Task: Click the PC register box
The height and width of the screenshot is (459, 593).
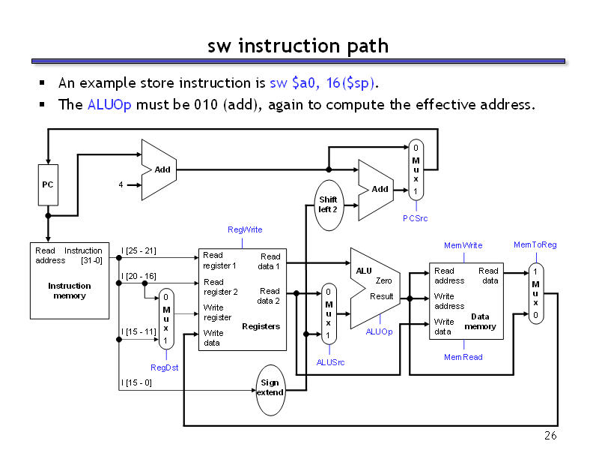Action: tap(48, 184)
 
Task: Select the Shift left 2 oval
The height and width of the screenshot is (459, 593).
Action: tap(328, 204)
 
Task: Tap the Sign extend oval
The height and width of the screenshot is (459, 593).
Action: tap(270, 388)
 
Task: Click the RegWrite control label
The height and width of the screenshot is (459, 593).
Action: tap(245, 229)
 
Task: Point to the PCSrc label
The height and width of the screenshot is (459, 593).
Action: tap(416, 217)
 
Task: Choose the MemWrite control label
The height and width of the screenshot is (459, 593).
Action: tap(463, 245)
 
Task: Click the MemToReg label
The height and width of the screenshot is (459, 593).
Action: tap(535, 244)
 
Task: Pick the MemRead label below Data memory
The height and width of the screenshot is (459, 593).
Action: tap(463, 357)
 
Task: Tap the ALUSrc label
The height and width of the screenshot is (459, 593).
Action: tap(330, 362)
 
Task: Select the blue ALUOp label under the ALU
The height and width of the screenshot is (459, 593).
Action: tap(379, 331)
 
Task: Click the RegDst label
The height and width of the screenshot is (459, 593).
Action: tap(165, 367)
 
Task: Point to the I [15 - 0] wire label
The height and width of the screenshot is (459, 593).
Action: tap(136, 382)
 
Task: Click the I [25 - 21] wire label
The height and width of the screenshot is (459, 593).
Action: tap(139, 250)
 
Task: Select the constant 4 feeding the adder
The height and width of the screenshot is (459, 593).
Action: tap(120, 184)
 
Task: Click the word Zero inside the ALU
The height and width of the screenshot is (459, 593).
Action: tap(383, 280)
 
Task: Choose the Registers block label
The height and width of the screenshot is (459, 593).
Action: tap(261, 326)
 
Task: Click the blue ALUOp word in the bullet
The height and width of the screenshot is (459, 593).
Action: tap(109, 104)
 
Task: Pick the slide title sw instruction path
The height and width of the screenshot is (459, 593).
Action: tap(298, 46)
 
